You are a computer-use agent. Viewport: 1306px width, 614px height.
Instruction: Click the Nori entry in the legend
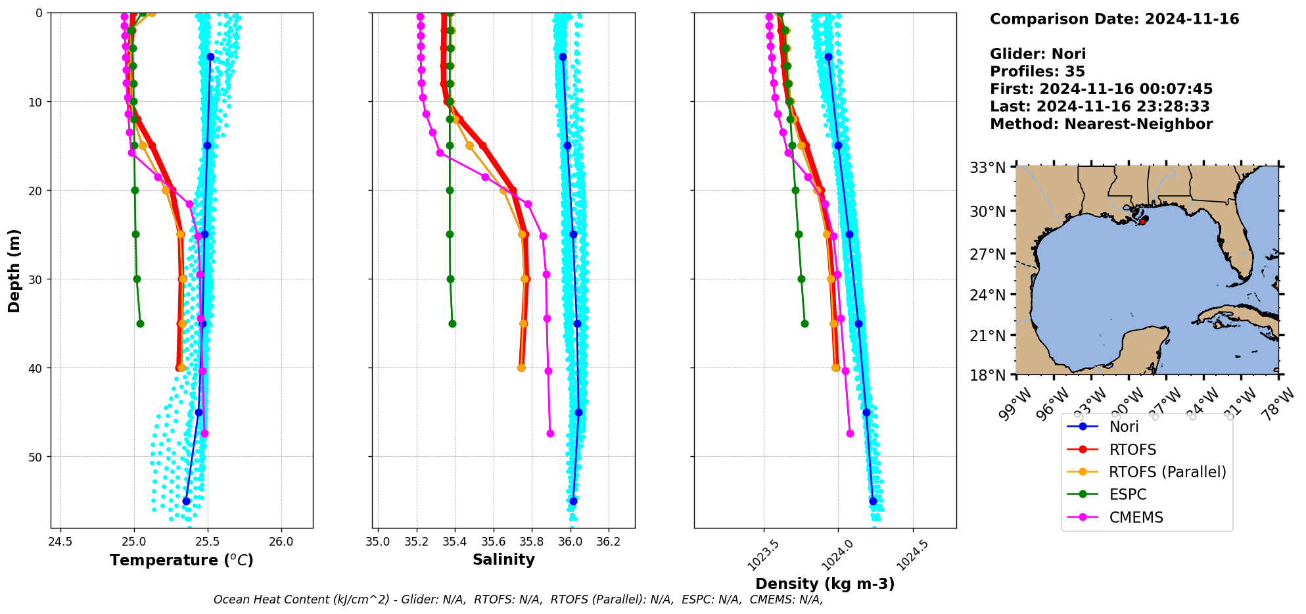[1123, 427]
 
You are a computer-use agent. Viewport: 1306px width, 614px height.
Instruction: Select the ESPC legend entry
[1127, 494]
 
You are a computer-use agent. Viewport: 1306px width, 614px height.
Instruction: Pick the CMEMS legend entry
[1136, 517]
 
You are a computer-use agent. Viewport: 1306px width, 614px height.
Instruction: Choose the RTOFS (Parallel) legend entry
[1167, 472]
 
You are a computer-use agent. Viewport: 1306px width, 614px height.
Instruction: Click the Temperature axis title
[181, 560]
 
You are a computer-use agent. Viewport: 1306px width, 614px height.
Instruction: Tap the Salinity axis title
[503, 559]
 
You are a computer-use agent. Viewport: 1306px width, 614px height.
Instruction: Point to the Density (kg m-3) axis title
[825, 584]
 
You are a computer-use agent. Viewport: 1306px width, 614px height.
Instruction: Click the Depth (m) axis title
[14, 271]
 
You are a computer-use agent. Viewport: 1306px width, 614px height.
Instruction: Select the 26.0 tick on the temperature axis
[281, 542]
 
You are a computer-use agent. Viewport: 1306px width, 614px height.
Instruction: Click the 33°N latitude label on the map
[988, 168]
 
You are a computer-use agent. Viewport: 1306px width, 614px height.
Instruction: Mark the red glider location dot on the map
[1142, 222]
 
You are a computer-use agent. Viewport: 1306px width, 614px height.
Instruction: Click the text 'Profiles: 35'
[1037, 72]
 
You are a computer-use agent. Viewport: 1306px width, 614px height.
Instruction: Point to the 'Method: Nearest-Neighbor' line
[1101, 124]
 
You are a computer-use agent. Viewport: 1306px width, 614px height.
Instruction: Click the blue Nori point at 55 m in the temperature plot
[186, 501]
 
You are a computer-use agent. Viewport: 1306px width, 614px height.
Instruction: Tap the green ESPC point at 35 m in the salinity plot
[452, 323]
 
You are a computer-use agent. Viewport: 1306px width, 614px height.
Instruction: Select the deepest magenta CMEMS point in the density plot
[850, 433]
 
